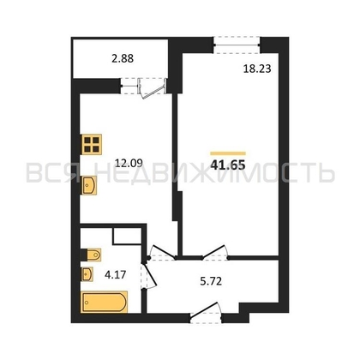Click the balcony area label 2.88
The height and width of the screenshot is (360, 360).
point(123,58)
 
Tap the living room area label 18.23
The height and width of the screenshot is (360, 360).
point(257,69)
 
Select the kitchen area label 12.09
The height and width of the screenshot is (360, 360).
point(129,163)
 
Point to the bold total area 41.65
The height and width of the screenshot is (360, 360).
point(228,165)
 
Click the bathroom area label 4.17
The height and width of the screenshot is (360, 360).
point(115,275)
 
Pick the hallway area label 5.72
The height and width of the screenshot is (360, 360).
point(211,282)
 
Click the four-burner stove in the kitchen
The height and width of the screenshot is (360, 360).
point(92,144)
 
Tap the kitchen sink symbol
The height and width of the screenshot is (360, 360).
point(89,185)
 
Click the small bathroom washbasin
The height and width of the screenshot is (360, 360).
point(87,274)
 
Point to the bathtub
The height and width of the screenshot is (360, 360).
point(105,302)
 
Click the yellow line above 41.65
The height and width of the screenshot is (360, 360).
point(228,153)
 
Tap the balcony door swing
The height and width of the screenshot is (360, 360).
point(152,88)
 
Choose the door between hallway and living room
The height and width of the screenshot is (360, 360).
point(215,253)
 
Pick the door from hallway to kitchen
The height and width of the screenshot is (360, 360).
point(162,253)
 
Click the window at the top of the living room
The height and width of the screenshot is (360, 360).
point(237,45)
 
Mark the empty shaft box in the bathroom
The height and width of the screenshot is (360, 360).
point(127,236)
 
